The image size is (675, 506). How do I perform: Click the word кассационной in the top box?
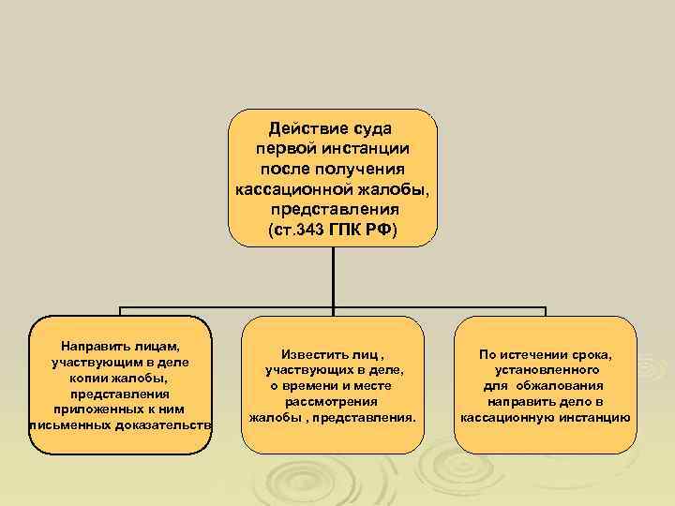[287, 189]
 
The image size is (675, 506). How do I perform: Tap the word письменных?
[69, 425]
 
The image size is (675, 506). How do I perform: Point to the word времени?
[312, 385]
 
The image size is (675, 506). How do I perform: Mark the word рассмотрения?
[333, 401]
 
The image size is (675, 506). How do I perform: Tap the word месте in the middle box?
[372, 385]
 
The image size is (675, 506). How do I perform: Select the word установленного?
[543, 370]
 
